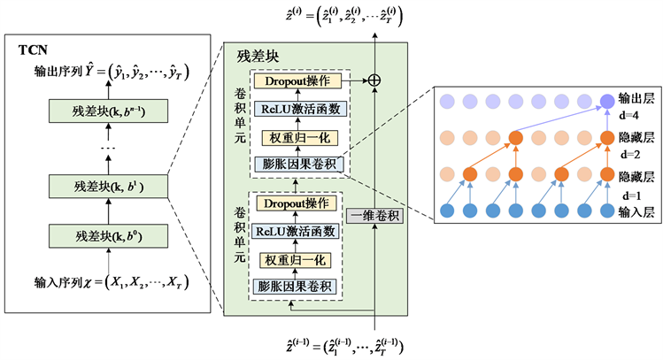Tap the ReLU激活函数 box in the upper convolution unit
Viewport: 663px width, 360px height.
[x=297, y=109]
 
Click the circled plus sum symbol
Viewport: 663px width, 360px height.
[x=374, y=80]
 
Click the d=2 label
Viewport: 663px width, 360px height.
[x=631, y=152]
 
